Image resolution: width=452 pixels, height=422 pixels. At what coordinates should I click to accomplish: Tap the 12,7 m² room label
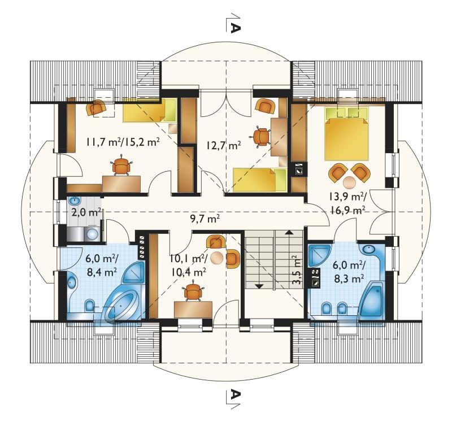[223, 145]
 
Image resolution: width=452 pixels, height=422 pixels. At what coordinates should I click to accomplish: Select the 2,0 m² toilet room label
[86, 213]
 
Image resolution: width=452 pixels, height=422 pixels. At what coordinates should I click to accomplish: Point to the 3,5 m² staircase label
[297, 269]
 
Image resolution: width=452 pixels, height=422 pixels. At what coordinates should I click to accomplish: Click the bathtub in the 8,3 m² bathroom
[371, 301]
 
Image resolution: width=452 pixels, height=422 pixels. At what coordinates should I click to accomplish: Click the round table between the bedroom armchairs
[350, 182]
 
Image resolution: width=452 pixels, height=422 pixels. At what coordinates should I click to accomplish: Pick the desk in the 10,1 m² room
[193, 310]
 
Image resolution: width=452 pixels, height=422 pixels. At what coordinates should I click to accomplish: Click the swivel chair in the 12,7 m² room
[262, 137]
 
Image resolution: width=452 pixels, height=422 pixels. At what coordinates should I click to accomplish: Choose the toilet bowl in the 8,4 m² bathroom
[90, 306]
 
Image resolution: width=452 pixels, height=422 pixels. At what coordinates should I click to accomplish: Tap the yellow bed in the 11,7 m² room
[150, 110]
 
